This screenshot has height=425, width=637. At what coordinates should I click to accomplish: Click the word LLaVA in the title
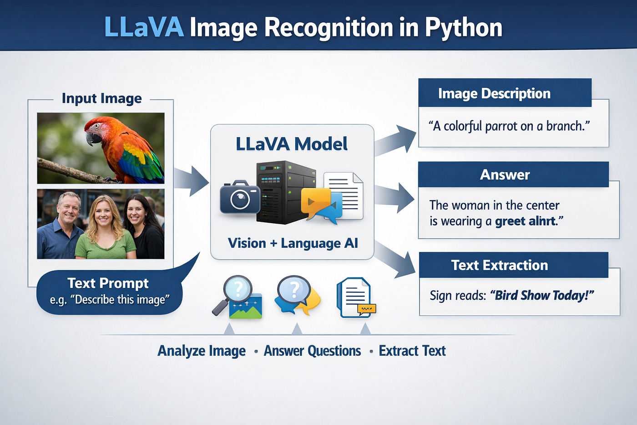tap(145, 27)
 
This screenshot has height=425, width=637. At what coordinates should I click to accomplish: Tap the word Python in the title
tap(464, 28)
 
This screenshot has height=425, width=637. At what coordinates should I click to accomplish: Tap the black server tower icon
tap(285, 192)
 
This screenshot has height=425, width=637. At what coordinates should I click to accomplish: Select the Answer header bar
tap(513, 174)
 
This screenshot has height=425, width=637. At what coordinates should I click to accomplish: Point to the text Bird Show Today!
tap(542, 296)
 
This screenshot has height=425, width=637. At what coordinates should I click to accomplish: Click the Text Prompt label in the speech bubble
tap(108, 283)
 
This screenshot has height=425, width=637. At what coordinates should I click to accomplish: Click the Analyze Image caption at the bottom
tap(202, 351)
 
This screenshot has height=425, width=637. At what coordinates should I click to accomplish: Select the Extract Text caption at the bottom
tap(412, 351)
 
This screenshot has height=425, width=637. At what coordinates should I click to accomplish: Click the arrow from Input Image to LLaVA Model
tap(191, 181)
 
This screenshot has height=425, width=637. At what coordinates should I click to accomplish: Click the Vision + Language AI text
tap(293, 243)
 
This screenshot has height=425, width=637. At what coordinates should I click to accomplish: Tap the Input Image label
tap(102, 98)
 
